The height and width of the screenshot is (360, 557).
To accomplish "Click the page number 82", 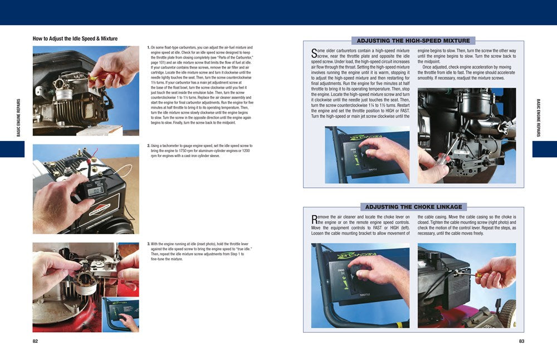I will pos(35,341).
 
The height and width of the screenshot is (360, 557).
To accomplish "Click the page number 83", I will pos(521,341).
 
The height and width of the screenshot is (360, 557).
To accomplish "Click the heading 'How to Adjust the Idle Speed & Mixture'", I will pos(75,39).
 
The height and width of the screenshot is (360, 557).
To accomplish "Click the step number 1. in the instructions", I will pos(149,48).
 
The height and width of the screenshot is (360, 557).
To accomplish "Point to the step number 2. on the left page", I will pos(149,146).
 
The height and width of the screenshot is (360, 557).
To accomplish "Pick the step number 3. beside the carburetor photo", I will pos(149,244).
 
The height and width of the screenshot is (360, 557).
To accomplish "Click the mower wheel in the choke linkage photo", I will pos(507,313).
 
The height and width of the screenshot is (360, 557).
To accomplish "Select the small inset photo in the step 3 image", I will pos(120,314).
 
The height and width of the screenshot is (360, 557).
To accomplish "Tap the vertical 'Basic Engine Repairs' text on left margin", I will pos(18,118).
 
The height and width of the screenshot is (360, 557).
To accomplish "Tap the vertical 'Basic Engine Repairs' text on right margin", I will pos(539,118).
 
